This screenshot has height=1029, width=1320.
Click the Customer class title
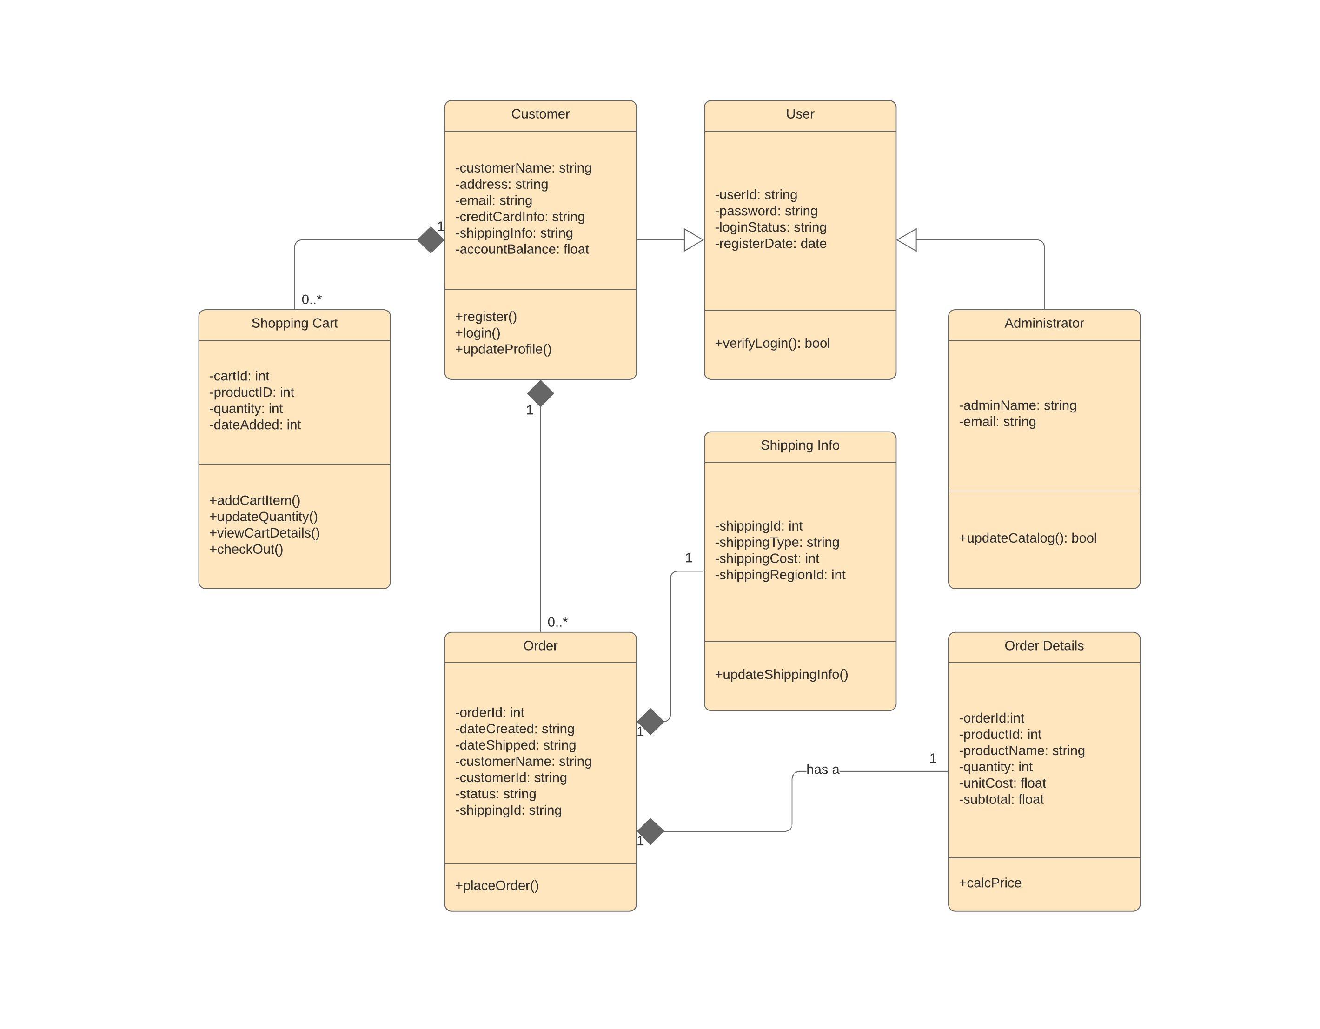[x=540, y=114]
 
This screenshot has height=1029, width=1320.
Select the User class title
[x=800, y=114]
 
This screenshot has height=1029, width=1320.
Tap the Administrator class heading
[x=1043, y=324]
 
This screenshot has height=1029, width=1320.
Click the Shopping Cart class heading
[x=294, y=324]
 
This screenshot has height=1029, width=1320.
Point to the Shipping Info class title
[x=800, y=445]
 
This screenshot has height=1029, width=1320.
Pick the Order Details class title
[x=1043, y=646]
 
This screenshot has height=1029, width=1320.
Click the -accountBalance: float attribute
[x=522, y=250]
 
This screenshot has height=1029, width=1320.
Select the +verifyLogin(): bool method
[x=772, y=344]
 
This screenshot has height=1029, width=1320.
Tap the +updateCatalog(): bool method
[x=1027, y=538]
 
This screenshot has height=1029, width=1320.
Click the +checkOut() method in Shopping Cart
[x=246, y=550]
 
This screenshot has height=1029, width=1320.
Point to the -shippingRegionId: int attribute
[x=780, y=575]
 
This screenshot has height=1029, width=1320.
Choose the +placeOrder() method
[x=496, y=886]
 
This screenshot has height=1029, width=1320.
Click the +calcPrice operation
[x=989, y=883]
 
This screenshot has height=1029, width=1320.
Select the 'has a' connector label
[x=822, y=770]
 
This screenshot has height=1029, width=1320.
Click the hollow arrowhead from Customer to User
[x=693, y=240]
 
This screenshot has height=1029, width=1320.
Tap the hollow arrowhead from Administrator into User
[x=907, y=240]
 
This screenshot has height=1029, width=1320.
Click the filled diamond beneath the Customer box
[x=540, y=393]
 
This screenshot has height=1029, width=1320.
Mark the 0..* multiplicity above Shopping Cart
[x=311, y=300]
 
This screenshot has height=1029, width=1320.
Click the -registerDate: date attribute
[x=770, y=244]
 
